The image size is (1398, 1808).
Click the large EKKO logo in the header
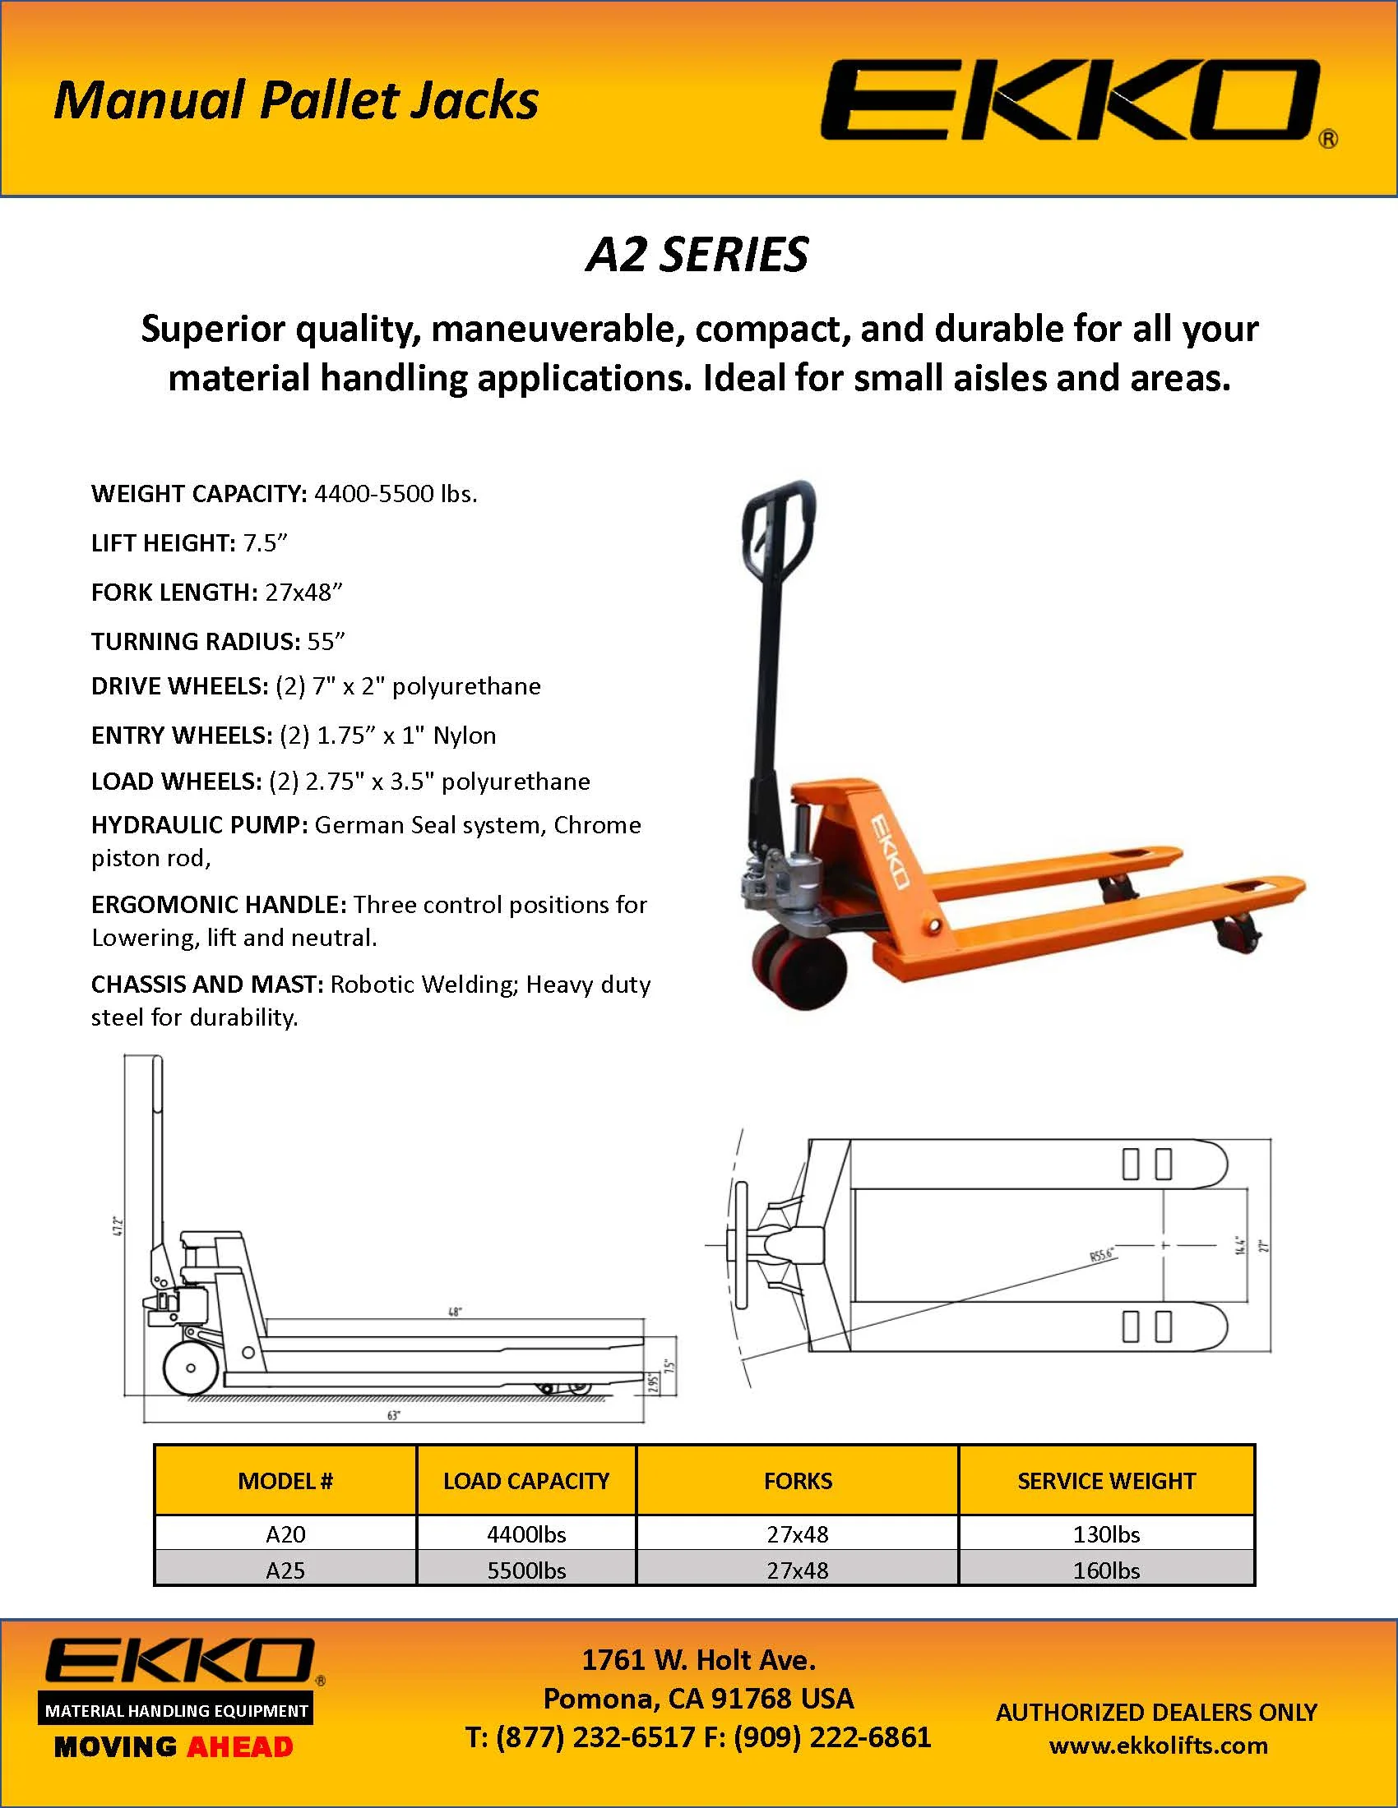pos(1068,100)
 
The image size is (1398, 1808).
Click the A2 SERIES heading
pos(697,254)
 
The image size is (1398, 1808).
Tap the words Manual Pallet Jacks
pos(296,100)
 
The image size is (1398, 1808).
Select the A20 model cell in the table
pos(285,1534)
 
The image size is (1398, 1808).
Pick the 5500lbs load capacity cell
pos(526,1570)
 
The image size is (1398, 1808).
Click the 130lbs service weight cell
pos(1105,1534)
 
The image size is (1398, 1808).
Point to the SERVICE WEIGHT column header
pos(1105,1481)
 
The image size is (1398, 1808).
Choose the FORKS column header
pos(798,1481)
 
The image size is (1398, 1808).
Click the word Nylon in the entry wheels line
pos(465,736)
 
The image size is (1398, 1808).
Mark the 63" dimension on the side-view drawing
pos(393,1415)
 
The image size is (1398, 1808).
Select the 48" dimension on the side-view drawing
pos(455,1312)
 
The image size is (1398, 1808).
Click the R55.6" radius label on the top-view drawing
pos(1102,1256)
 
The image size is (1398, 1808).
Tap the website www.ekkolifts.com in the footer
pos(1158,1746)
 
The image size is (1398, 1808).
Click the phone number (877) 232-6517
pos(595,1737)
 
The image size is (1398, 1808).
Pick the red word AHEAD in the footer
pos(240,1747)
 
